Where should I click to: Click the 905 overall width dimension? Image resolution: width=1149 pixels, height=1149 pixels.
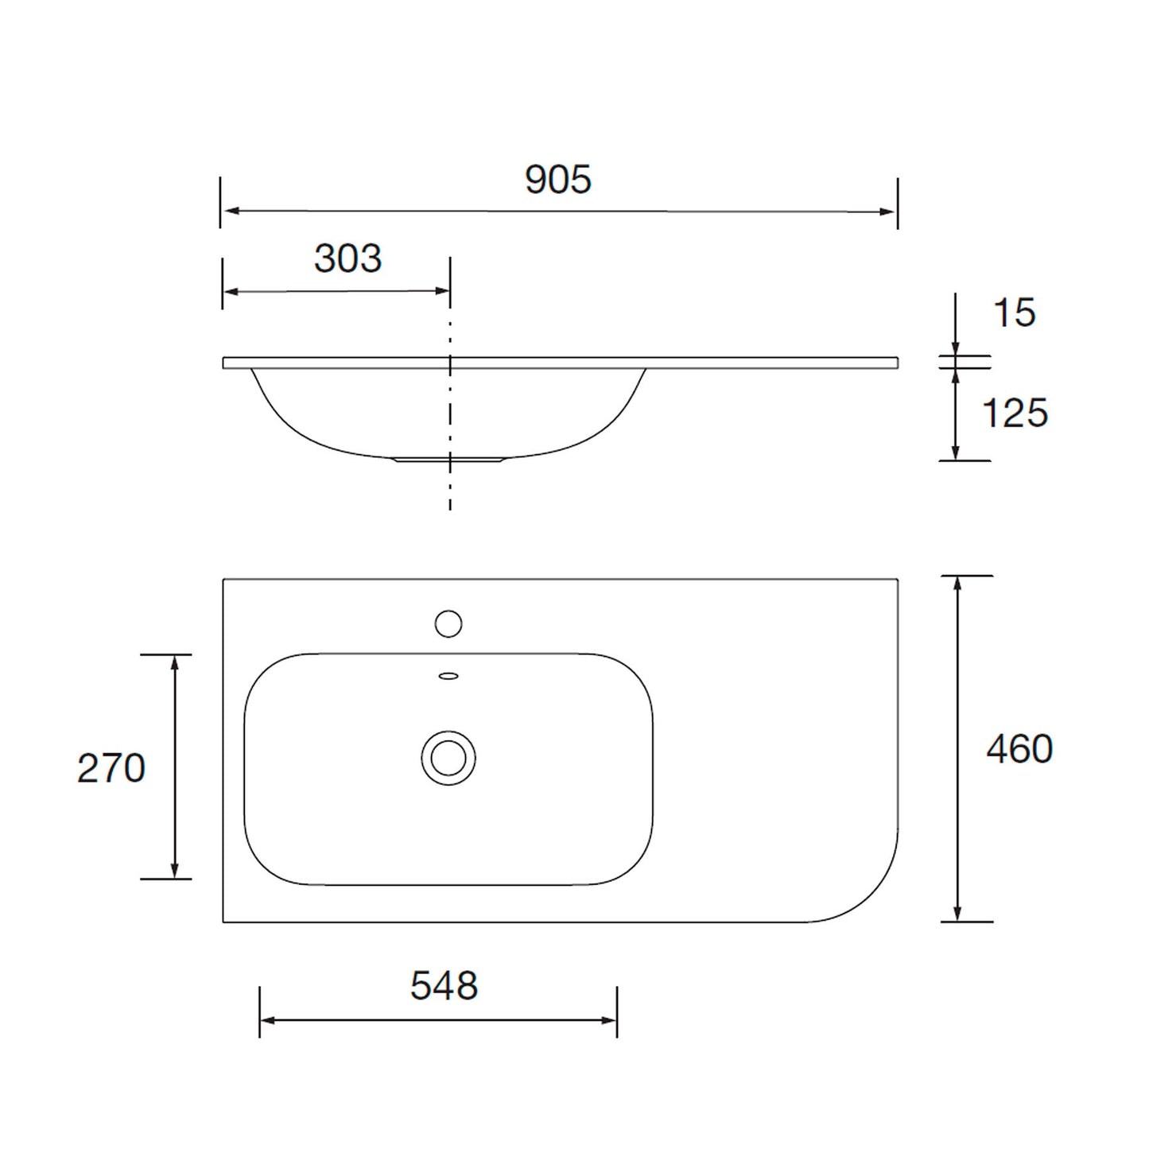[558, 181]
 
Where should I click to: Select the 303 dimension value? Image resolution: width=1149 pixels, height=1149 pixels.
[347, 259]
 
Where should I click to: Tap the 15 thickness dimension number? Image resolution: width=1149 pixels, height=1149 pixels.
[1015, 313]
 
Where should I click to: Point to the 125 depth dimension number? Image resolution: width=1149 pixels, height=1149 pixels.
[1015, 413]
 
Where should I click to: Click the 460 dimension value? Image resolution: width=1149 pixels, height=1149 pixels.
[1019, 750]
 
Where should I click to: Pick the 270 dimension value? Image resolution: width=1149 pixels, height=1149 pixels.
[111, 769]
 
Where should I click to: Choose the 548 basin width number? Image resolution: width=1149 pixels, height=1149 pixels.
[444, 987]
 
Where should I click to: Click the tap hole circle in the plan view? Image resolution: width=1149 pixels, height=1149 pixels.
[448, 623]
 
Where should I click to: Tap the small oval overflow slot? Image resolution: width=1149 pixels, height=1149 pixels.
[448, 677]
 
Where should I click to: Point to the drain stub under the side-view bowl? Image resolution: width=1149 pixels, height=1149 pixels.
[449, 460]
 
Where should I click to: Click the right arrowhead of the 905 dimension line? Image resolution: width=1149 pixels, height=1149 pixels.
[888, 212]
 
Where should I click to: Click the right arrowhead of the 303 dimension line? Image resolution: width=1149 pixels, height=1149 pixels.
[442, 291]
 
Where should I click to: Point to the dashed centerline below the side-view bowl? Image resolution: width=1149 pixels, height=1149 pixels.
[450, 489]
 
